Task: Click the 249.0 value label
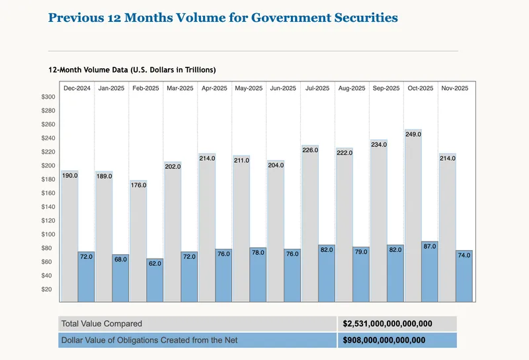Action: (x=414, y=134)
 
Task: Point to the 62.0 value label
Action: (x=155, y=263)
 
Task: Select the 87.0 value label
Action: (x=430, y=246)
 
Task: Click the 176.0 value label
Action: (x=139, y=185)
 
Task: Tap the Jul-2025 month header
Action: (x=317, y=88)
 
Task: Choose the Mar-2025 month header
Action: (x=180, y=88)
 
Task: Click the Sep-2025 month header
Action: (x=386, y=88)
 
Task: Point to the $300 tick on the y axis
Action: (x=48, y=97)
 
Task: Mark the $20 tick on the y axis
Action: (x=47, y=289)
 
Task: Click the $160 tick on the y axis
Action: (x=48, y=193)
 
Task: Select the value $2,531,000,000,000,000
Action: (x=387, y=324)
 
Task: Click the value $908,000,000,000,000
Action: (x=384, y=340)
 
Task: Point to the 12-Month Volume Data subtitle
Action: (x=132, y=69)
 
